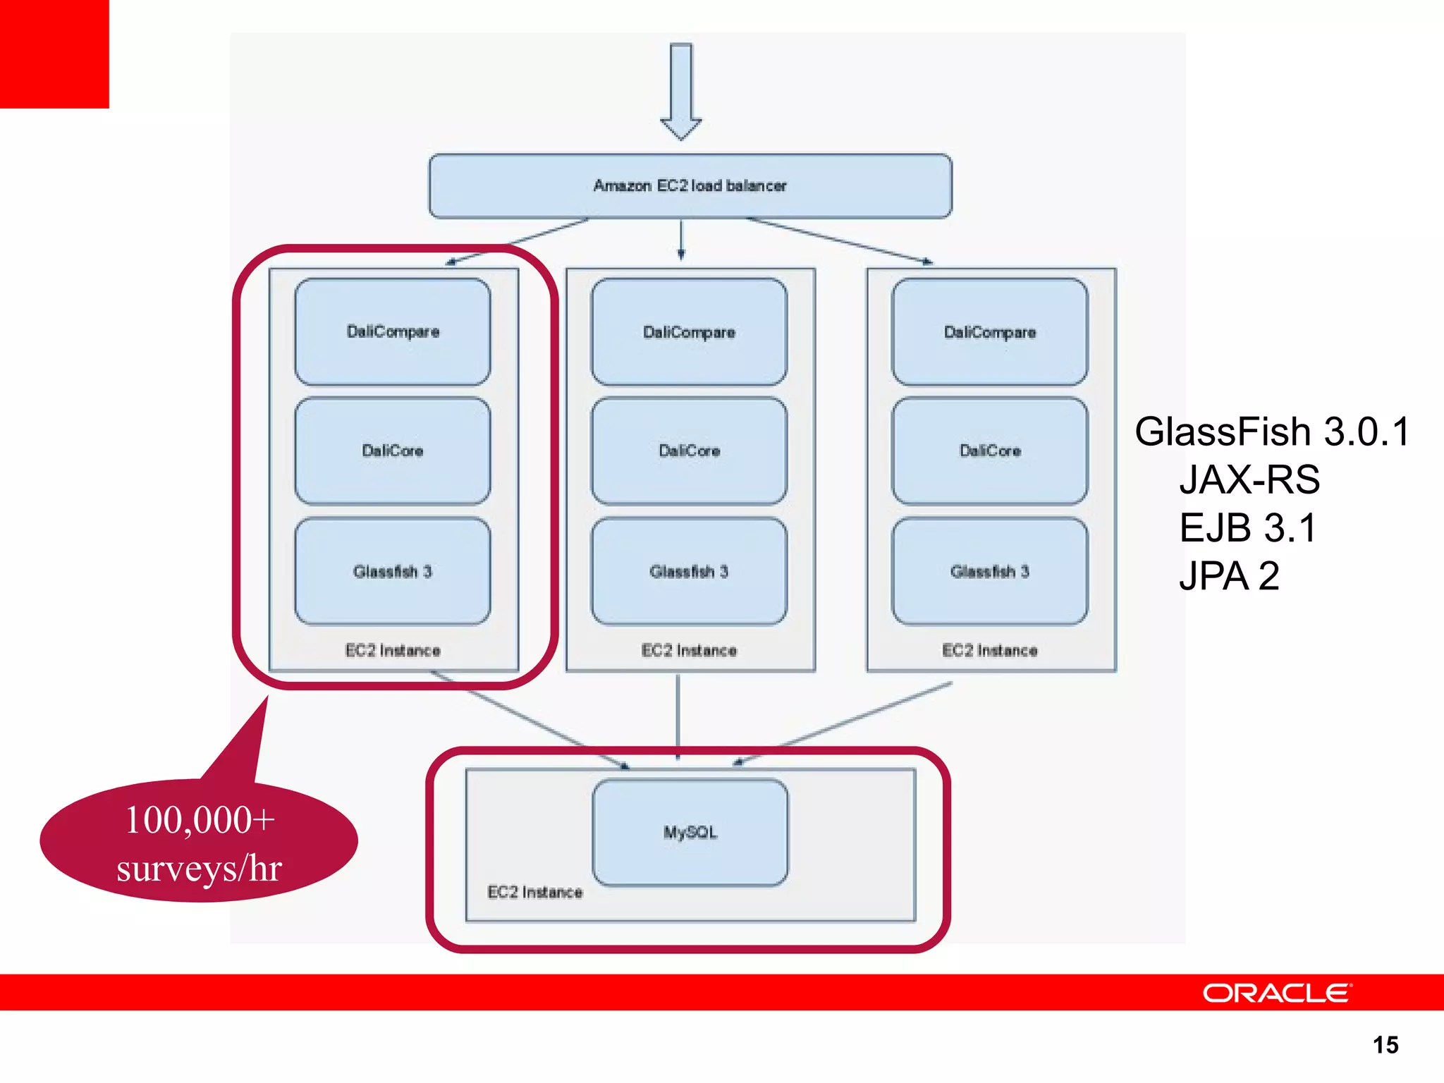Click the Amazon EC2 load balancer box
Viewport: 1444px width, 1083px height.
coord(690,185)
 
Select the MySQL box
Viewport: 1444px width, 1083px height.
coord(690,832)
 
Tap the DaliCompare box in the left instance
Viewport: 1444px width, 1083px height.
coord(393,331)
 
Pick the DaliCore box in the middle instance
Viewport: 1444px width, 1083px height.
coord(689,451)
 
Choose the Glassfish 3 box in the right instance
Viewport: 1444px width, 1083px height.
coord(989,571)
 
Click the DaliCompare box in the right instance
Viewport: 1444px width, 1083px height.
coord(989,331)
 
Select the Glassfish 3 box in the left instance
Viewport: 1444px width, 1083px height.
coord(393,571)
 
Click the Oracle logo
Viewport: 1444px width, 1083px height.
coord(1277,993)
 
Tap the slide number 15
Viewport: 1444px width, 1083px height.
coord(1385,1045)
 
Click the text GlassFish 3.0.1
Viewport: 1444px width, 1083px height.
coord(1271,432)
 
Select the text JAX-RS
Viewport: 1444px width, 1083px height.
coord(1249,479)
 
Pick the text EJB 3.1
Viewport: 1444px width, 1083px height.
coord(1247,527)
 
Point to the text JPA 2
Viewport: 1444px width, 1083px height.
coord(1229,576)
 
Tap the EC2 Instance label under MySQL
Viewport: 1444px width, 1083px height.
coord(535,892)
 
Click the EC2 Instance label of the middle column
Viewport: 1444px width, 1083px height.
coord(689,650)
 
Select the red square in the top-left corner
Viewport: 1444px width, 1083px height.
coord(54,54)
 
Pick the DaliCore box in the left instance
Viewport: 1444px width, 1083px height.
coord(393,451)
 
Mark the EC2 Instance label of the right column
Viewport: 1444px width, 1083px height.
coord(989,650)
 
